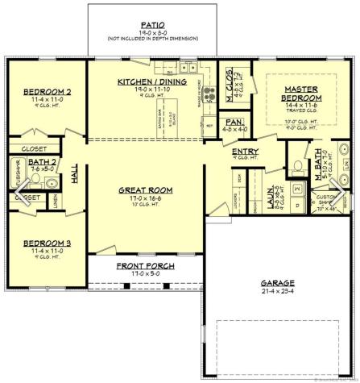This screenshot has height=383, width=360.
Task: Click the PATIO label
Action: point(153,26)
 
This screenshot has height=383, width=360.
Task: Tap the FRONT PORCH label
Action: point(145,265)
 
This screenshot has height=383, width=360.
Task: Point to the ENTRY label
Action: point(245,151)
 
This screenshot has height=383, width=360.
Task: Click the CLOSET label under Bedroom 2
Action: point(35,148)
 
